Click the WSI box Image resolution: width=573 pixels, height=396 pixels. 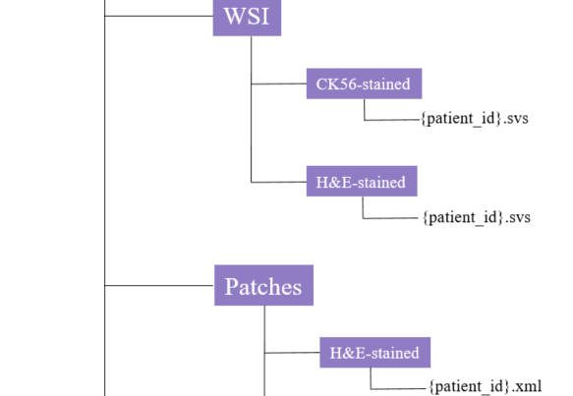pyautogui.click(x=247, y=18)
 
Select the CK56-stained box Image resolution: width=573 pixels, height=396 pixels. pyautogui.click(x=364, y=84)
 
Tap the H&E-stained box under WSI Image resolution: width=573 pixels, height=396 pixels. pyautogui.click(x=362, y=181)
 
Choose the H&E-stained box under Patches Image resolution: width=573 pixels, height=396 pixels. pyautogui.click(x=374, y=353)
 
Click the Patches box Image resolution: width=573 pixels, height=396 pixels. pyautogui.click(x=263, y=285)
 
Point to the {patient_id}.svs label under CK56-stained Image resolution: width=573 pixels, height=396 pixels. pyautogui.click(x=475, y=119)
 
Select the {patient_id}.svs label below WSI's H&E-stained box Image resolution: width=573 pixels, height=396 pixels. pyautogui.click(x=476, y=218)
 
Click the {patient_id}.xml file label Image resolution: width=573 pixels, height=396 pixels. pyautogui.click(x=485, y=386)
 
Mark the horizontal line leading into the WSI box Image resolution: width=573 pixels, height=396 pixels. pyautogui.click(x=159, y=16)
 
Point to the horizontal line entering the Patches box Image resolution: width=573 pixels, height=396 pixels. pyautogui.click(x=159, y=285)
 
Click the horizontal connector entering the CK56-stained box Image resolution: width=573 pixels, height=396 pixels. pyautogui.click(x=279, y=85)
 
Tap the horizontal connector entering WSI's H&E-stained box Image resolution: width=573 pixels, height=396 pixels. pyautogui.click(x=279, y=182)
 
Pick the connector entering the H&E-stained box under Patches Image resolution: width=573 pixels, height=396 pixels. pyautogui.click(x=292, y=353)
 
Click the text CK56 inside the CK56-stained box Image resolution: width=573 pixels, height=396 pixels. pyautogui.click(x=335, y=85)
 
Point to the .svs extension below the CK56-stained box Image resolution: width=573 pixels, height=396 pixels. pyautogui.click(x=516, y=119)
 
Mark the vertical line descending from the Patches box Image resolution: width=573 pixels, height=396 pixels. pyautogui.click(x=264, y=351)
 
